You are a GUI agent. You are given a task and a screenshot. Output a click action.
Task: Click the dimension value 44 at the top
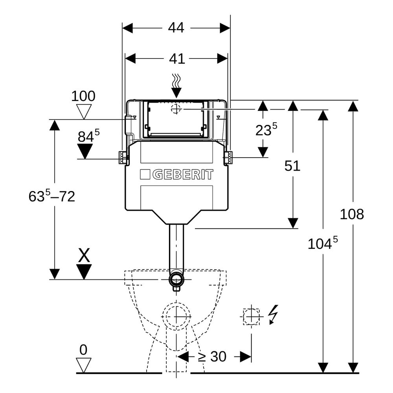[x=176, y=28]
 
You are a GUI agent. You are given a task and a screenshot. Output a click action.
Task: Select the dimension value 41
[x=177, y=59]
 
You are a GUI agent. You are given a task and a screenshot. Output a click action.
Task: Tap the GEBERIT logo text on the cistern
[x=183, y=174]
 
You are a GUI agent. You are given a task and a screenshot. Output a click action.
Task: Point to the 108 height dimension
[x=352, y=214]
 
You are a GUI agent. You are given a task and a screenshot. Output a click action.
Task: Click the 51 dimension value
[x=292, y=166]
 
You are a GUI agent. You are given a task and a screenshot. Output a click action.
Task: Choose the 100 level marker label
[x=83, y=96]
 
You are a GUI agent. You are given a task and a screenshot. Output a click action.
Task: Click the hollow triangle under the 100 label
[x=84, y=112]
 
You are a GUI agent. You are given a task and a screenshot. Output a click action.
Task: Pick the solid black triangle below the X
[x=84, y=272]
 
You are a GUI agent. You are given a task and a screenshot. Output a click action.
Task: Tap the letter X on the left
[x=84, y=255]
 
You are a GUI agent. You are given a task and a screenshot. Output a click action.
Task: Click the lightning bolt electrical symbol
[x=273, y=314]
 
